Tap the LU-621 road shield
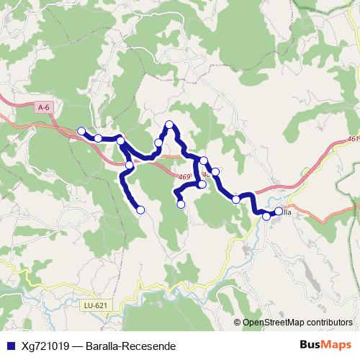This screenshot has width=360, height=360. [96, 306]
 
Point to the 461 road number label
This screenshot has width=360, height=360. [352, 140]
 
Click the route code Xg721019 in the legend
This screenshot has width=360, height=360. [45, 346]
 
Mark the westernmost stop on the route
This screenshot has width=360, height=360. [81, 131]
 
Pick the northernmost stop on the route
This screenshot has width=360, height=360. [170, 125]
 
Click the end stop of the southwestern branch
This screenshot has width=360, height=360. [140, 210]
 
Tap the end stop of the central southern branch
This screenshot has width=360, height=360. [181, 204]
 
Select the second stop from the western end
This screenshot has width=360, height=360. [98, 138]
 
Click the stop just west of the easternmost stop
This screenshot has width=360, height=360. [266, 216]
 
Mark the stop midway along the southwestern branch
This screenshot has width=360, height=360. [129, 166]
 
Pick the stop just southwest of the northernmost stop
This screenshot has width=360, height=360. [158, 143]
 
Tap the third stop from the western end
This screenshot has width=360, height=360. [121, 140]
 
